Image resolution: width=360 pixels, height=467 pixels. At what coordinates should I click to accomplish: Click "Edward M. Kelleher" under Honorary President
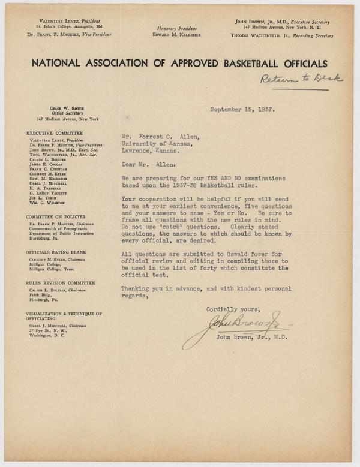coord(180,34)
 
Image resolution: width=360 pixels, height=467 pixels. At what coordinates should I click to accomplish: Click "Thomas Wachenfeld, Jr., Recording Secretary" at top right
coord(281,35)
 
